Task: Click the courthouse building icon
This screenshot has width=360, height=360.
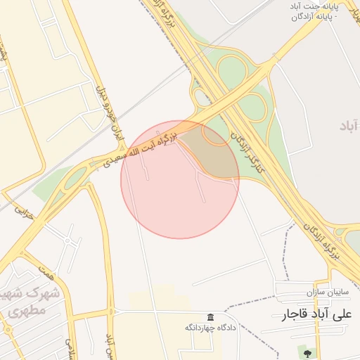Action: click(210, 317)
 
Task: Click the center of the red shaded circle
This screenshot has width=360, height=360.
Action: click(180, 179)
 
